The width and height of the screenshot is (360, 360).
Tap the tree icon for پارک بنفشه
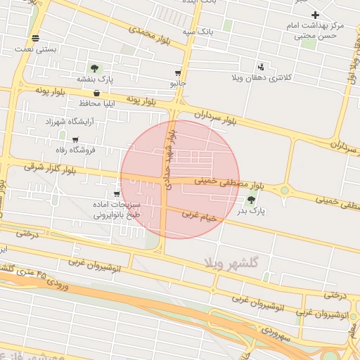coord(94,68)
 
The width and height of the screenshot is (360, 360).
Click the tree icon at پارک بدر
coord(252,200)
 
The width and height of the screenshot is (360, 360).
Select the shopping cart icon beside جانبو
coord(178,73)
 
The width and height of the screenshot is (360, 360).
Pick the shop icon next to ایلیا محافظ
coord(96,93)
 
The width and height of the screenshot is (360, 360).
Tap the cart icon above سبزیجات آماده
coord(117,194)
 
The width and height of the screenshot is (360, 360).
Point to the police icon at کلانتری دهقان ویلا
coord(262,65)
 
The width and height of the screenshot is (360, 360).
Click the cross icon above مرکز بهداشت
coord(315,15)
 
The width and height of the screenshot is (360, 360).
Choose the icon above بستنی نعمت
coord(35,38)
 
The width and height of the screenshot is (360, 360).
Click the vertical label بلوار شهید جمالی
coord(169,159)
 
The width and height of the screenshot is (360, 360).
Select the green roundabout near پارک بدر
coord(285,190)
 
